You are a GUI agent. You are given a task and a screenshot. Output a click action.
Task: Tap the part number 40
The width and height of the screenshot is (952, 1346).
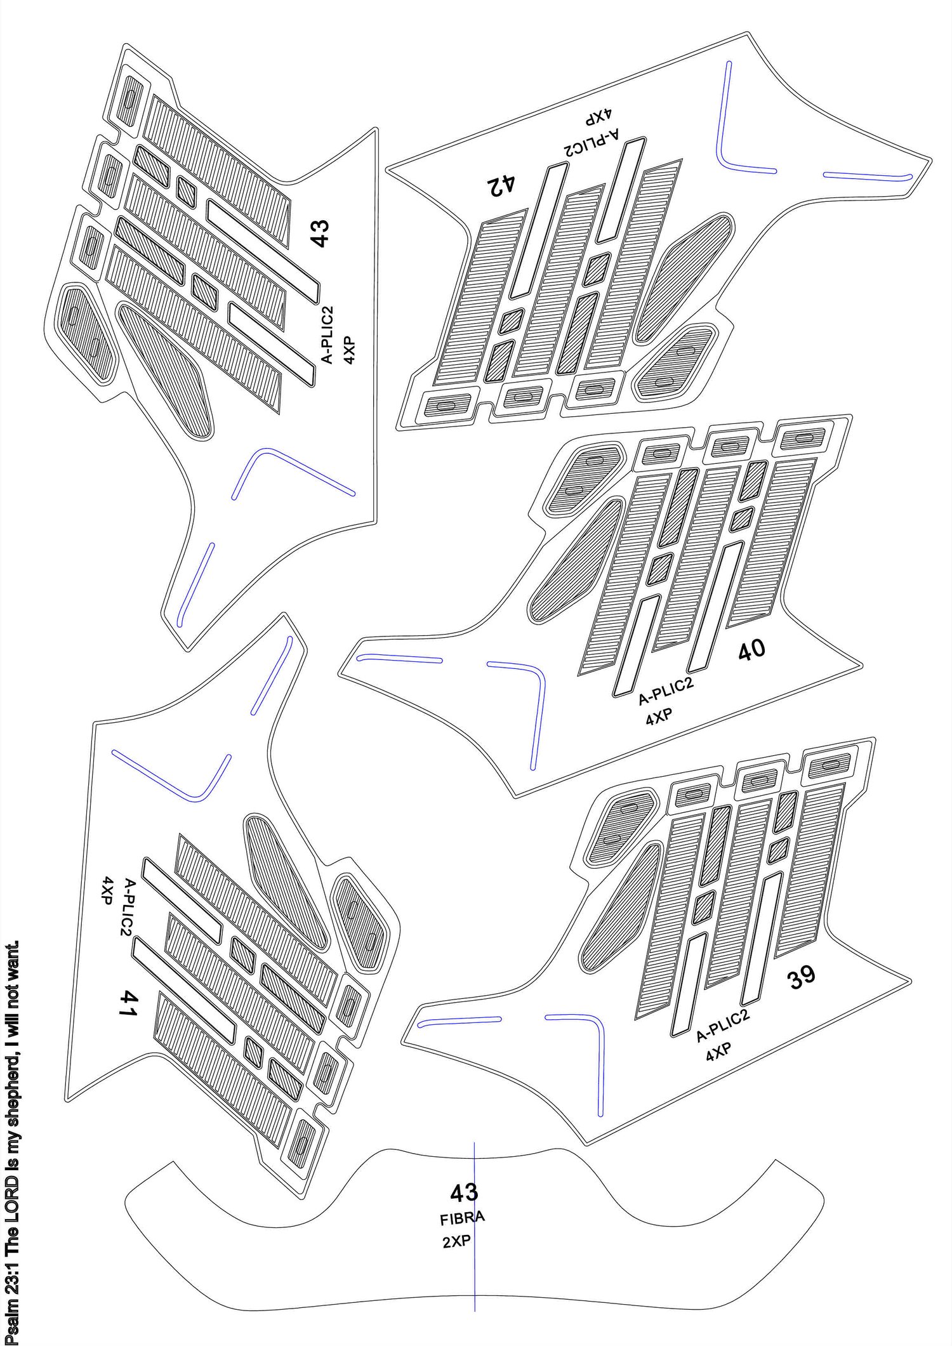752,650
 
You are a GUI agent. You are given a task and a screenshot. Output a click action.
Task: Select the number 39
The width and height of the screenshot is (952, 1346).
802,978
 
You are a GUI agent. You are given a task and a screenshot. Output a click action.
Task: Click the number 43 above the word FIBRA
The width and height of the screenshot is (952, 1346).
464,1193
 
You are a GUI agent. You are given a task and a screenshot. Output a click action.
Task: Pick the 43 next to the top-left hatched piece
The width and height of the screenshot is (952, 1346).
319,233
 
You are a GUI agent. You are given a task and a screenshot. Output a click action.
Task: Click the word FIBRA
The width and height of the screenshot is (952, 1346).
462,1218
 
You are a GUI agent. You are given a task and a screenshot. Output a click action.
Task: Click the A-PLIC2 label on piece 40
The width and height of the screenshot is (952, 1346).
666,691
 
